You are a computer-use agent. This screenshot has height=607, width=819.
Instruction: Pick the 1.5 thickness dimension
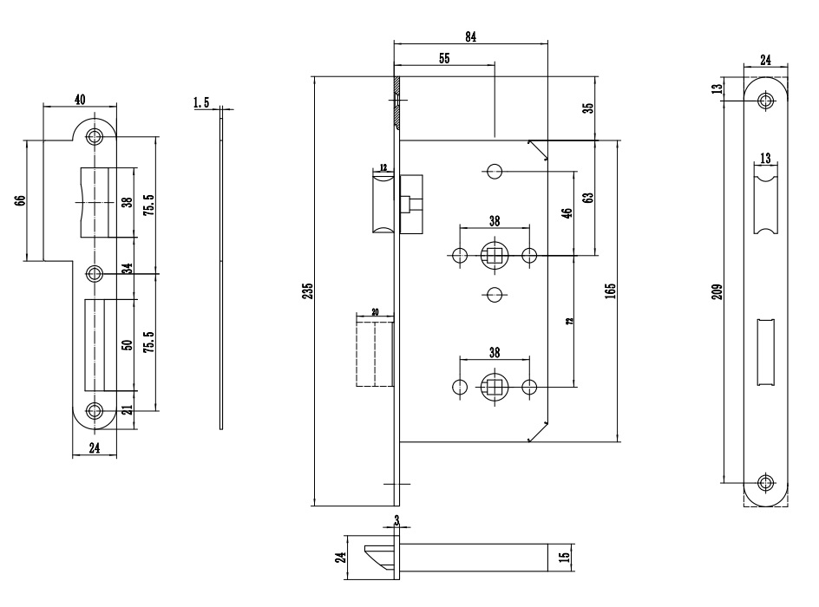point(202,103)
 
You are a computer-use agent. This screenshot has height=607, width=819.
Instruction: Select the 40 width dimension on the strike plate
point(81,100)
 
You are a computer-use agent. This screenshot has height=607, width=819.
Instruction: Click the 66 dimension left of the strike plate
point(21,200)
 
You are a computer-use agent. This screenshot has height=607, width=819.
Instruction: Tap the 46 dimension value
point(567,214)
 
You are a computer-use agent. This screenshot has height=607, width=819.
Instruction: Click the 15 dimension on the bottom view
point(565,557)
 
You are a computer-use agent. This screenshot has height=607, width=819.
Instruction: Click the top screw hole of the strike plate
point(95,136)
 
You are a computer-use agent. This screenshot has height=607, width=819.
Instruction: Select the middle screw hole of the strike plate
point(95,274)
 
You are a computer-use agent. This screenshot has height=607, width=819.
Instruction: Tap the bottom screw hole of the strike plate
point(95,411)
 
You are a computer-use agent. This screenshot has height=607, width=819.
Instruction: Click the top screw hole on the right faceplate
point(765,100)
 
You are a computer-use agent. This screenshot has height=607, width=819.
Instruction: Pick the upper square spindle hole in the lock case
point(494,256)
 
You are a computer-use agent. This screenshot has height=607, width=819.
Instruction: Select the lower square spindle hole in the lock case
point(494,385)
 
